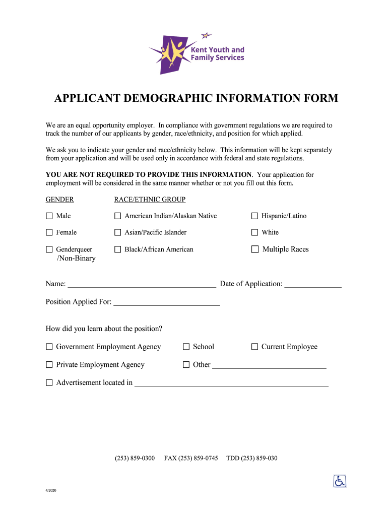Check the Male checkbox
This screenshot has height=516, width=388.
click(x=49, y=216)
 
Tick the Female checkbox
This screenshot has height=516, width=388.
click(x=49, y=233)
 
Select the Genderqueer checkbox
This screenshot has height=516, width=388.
click(x=49, y=249)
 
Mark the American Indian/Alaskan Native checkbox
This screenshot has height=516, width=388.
click(x=118, y=216)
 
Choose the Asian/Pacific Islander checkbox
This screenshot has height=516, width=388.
click(x=118, y=233)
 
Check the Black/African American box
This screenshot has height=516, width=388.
click(x=118, y=249)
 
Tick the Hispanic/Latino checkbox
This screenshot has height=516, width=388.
click(x=255, y=216)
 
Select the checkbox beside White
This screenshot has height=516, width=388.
click(x=255, y=233)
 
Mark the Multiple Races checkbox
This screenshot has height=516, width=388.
click(x=255, y=249)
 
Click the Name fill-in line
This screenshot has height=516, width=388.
click(x=142, y=284)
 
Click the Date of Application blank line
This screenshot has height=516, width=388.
click(x=313, y=284)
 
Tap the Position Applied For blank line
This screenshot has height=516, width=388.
click(x=167, y=302)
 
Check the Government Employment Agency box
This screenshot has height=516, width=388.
click(x=49, y=347)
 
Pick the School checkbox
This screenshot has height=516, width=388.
click(x=186, y=347)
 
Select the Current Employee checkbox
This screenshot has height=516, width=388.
click(x=255, y=347)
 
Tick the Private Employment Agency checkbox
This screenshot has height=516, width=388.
click(x=49, y=365)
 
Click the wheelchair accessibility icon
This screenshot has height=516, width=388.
click(x=340, y=481)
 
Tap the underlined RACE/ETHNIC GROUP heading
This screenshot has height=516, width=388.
click(x=150, y=200)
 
